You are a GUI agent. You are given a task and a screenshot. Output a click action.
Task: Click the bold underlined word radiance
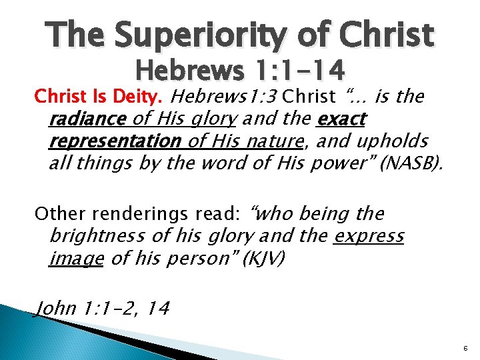coord(87,119)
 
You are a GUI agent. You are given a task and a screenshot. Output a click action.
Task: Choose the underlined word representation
coord(114,141)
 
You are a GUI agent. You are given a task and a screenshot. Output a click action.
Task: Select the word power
coord(334,163)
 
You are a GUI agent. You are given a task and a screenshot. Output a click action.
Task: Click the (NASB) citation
coord(406,163)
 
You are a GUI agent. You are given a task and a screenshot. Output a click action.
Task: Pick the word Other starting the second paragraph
coord(59,214)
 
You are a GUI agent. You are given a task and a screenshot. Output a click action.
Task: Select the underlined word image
coord(76,259)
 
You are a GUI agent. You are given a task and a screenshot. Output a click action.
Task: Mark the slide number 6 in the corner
coord(465,349)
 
